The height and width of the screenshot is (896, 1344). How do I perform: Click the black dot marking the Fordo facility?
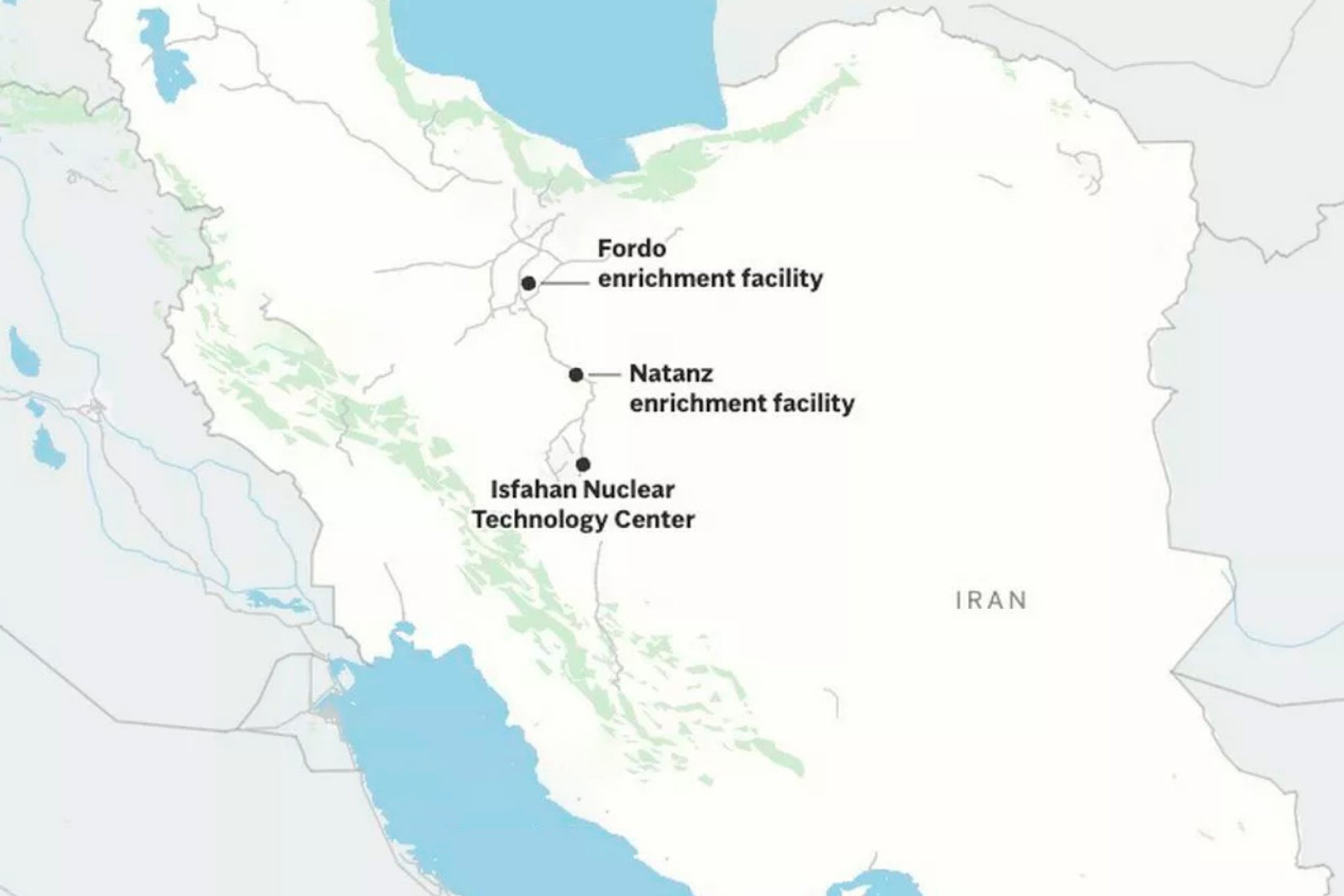tap(528, 284)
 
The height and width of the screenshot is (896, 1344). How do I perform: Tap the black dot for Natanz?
tap(576, 375)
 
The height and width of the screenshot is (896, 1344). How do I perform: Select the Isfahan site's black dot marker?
tap(583, 465)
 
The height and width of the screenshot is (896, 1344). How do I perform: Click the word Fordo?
tap(622, 249)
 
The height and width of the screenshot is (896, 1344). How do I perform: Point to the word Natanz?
tap(671, 373)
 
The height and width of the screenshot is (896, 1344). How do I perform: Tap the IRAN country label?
tap(991, 600)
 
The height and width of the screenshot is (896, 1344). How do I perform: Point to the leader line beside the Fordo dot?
tap(565, 284)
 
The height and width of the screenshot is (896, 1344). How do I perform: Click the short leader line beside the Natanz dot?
tap(604, 375)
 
